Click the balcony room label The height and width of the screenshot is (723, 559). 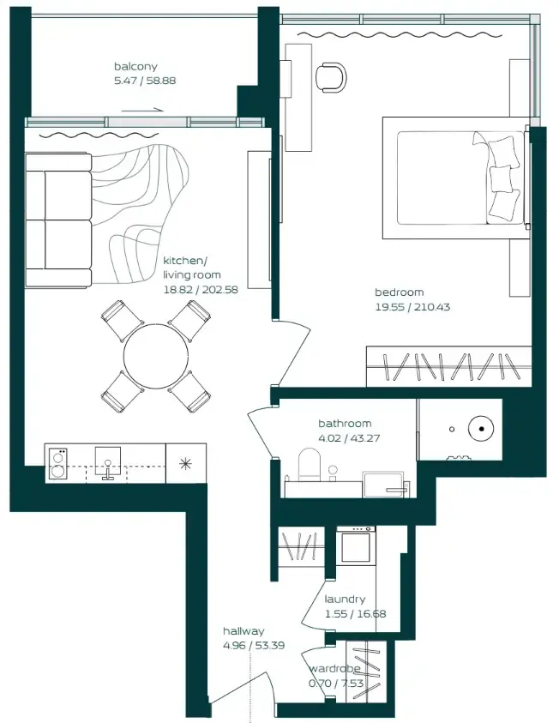click(x=135, y=66)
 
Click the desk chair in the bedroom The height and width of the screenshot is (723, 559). click(x=330, y=76)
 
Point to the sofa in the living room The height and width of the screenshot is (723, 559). click(x=58, y=220)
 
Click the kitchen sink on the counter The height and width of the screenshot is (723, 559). click(x=108, y=463)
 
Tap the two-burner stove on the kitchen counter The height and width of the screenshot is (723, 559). click(x=58, y=463)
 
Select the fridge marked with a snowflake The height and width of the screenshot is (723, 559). click(x=185, y=463)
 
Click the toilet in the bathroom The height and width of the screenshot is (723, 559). click(x=309, y=468)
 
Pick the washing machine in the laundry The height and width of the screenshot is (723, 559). click(x=355, y=545)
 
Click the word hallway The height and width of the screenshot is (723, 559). click(x=243, y=630)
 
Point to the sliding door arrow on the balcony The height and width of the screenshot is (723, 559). click(x=142, y=110)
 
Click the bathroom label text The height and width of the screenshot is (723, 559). click(x=345, y=423)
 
